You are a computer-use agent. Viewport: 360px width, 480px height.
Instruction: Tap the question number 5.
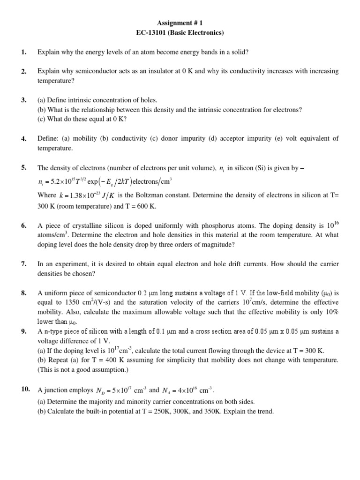coord(23,167)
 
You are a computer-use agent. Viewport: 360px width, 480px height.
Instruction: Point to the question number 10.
coord(25,389)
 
